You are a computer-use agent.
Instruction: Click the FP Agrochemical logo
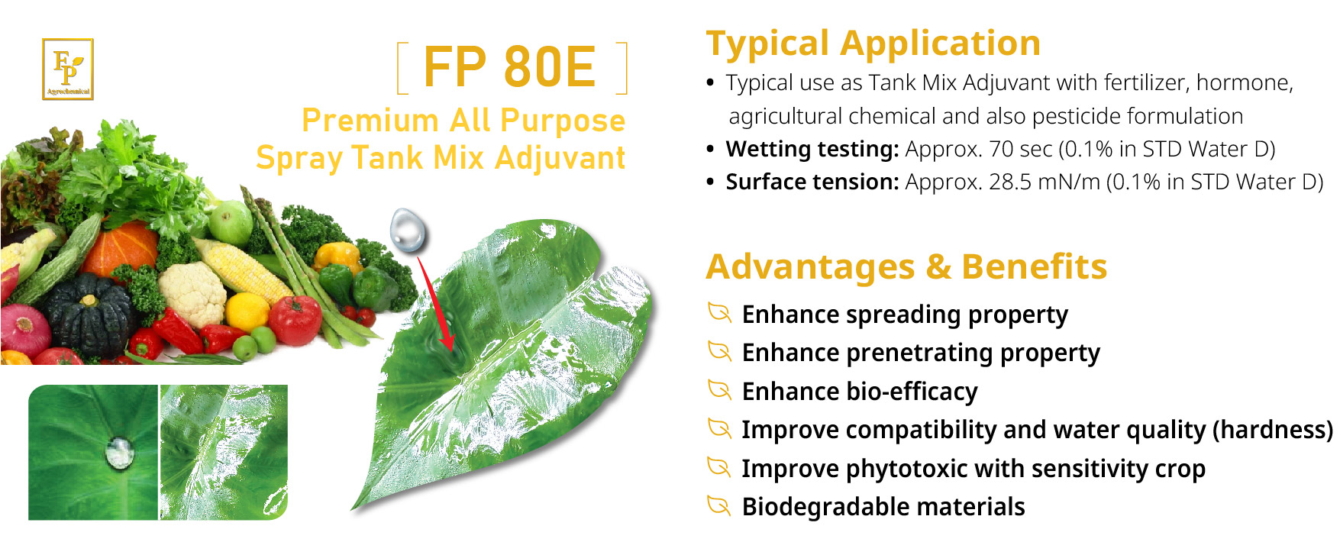67,69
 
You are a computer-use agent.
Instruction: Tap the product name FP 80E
509,67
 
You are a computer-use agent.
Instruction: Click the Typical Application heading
873,44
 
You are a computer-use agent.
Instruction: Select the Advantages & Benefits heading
906,267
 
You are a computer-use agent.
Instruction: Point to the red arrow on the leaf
435,302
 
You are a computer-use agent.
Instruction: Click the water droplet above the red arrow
408,229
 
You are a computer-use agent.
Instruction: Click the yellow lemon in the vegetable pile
247,311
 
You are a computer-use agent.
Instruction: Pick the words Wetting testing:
812,149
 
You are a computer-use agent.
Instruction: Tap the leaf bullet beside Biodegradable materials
719,505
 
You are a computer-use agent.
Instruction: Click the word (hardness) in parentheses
1272,430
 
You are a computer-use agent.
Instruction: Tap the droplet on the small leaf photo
119,453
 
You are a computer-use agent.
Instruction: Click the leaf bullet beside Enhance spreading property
719,313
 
